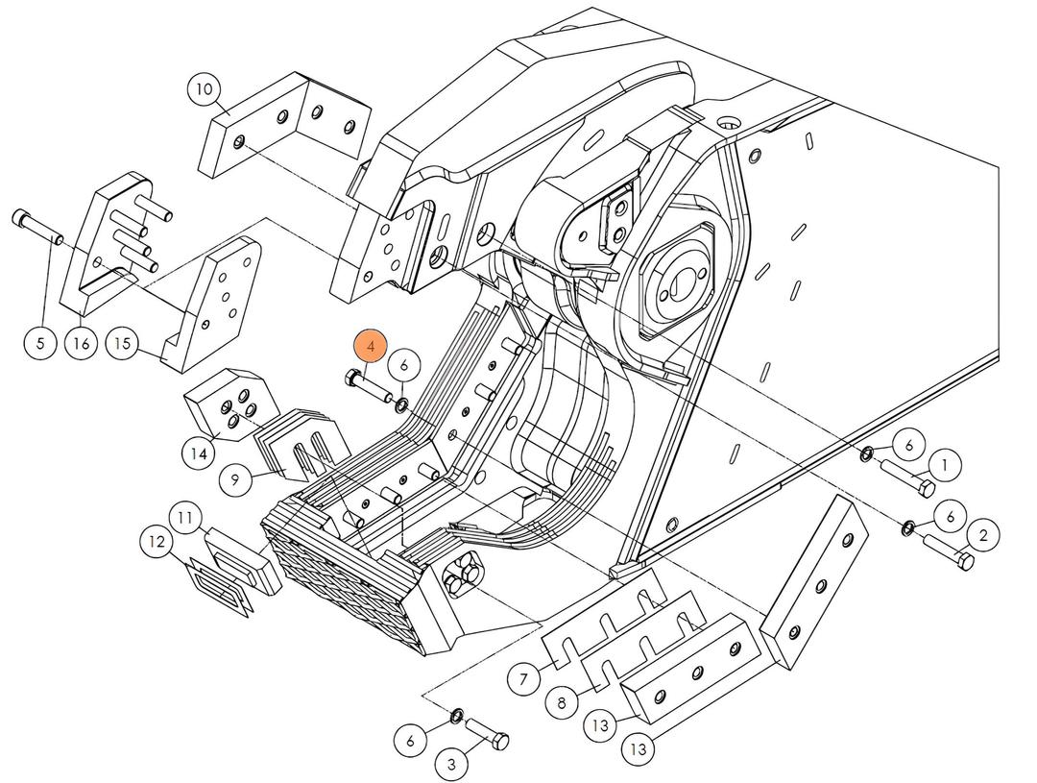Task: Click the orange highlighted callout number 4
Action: coord(371,347)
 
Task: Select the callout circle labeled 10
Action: coord(204,90)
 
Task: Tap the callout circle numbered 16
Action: coord(83,342)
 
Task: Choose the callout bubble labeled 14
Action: coord(199,452)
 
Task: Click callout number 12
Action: coord(158,542)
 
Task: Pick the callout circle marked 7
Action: coord(523,680)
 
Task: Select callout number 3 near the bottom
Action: coord(451,765)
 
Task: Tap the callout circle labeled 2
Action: coord(982,534)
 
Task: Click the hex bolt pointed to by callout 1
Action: coord(907,478)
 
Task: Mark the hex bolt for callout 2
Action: coord(949,551)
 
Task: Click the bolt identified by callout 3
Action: coord(489,737)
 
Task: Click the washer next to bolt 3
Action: coord(458,716)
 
